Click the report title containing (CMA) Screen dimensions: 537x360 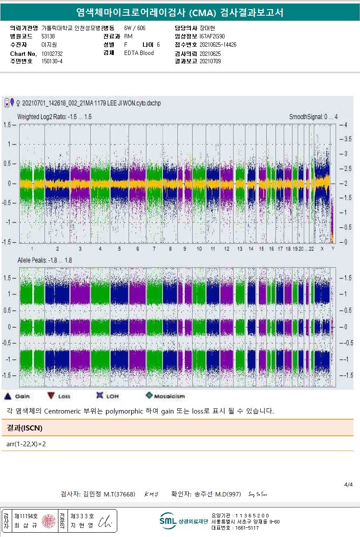click(180, 13)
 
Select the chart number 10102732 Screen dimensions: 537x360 click(52, 53)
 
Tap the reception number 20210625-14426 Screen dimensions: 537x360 click(218, 44)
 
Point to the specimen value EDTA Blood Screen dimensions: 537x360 click(139, 53)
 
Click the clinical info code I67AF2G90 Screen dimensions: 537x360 click(212, 36)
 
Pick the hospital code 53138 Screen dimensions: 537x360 click(48, 36)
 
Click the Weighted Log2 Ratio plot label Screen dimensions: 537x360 click(54, 117)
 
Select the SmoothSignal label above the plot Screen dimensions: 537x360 click(313, 117)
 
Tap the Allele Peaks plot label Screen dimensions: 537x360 click(44, 260)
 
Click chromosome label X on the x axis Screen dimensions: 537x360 click(322, 249)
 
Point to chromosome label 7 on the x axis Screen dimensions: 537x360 click(154, 249)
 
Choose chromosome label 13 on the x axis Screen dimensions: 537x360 click(240, 249)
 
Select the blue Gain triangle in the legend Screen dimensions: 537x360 click(7, 396)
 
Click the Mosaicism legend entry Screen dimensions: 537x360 click(166, 396)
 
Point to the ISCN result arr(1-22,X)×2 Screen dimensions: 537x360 click(26, 444)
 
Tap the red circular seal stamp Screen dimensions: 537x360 click(48, 521)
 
